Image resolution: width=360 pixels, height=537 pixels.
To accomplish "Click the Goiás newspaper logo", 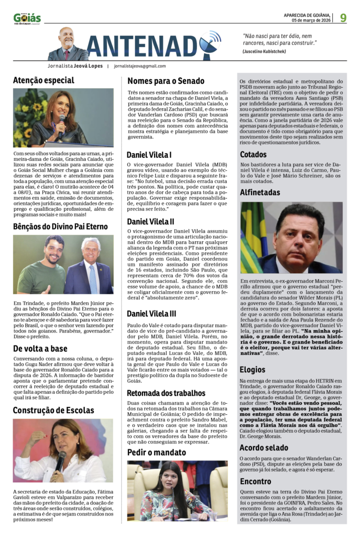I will click(27, 18).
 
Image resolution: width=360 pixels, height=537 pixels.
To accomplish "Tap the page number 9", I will click(343, 18).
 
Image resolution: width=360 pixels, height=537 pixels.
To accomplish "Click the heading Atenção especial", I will click(44, 80).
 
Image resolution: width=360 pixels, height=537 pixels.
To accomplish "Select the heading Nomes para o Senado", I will click(166, 81).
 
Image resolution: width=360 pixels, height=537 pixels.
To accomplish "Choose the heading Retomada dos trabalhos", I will click(166, 393).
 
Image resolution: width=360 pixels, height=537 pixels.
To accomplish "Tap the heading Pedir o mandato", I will click(156, 452).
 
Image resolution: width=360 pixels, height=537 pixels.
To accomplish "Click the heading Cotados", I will click(254, 155).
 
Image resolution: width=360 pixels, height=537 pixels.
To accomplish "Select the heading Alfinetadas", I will click(260, 192).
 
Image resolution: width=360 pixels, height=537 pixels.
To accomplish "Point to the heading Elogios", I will click(253, 370).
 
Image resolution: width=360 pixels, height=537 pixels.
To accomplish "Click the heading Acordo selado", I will click(264, 448).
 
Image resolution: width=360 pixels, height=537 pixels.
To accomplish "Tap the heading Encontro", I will click(256, 481).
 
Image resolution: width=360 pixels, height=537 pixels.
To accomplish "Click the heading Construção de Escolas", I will click(53, 410).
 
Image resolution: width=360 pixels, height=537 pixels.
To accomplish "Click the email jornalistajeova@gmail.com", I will click(140, 67).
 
